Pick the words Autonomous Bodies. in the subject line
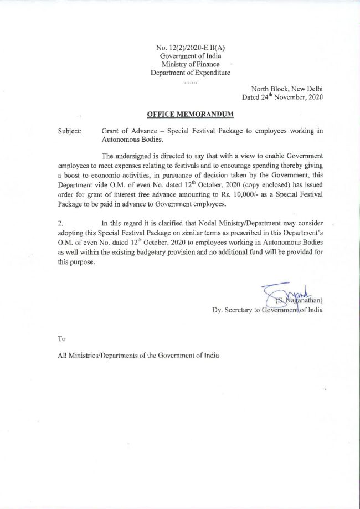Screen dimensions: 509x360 (x=128, y=140)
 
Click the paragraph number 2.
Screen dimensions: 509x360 (x=60, y=222)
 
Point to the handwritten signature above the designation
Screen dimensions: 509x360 (x=280, y=292)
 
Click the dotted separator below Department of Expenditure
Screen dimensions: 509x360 (x=191, y=81)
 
